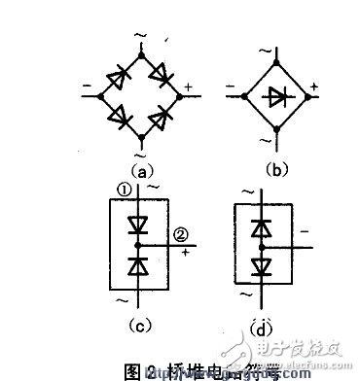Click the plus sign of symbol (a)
click(x=188, y=87)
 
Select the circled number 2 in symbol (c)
click(x=182, y=233)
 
